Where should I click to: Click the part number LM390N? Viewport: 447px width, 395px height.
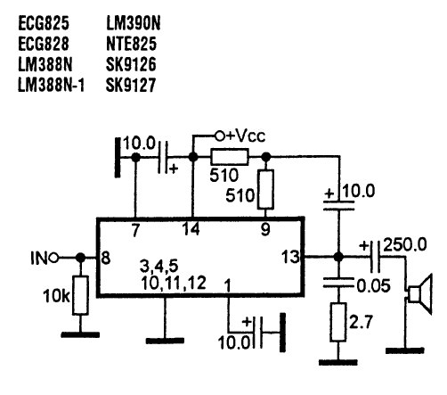point(134,23)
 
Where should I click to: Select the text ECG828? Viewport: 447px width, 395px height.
point(44,44)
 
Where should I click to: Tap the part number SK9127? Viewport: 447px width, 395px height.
point(131,86)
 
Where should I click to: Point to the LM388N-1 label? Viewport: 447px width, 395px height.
point(52,86)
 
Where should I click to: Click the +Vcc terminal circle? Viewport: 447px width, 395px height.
point(220,136)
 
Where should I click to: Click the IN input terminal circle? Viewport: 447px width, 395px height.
point(53,258)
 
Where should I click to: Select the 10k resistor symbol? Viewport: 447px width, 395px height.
point(80,295)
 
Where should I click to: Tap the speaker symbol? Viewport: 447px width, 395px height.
point(419,293)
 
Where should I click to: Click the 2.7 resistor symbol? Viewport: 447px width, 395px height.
point(338,322)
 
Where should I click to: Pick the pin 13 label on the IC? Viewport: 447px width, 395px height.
point(290,257)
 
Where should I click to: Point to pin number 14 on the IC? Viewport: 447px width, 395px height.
point(191,229)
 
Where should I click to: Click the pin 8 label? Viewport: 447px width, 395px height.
point(106,258)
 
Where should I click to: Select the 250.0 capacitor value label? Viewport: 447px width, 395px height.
point(405,245)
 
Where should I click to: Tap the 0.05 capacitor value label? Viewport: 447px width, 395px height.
point(373,286)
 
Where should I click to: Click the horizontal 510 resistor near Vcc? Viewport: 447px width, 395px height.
point(230,157)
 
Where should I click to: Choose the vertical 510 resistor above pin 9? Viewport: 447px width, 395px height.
point(266,190)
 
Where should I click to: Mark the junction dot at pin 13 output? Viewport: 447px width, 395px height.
point(338,257)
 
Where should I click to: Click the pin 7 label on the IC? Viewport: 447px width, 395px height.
point(135,230)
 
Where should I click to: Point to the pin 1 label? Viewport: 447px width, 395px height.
point(227,285)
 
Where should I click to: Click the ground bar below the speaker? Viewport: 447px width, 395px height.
point(404,350)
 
